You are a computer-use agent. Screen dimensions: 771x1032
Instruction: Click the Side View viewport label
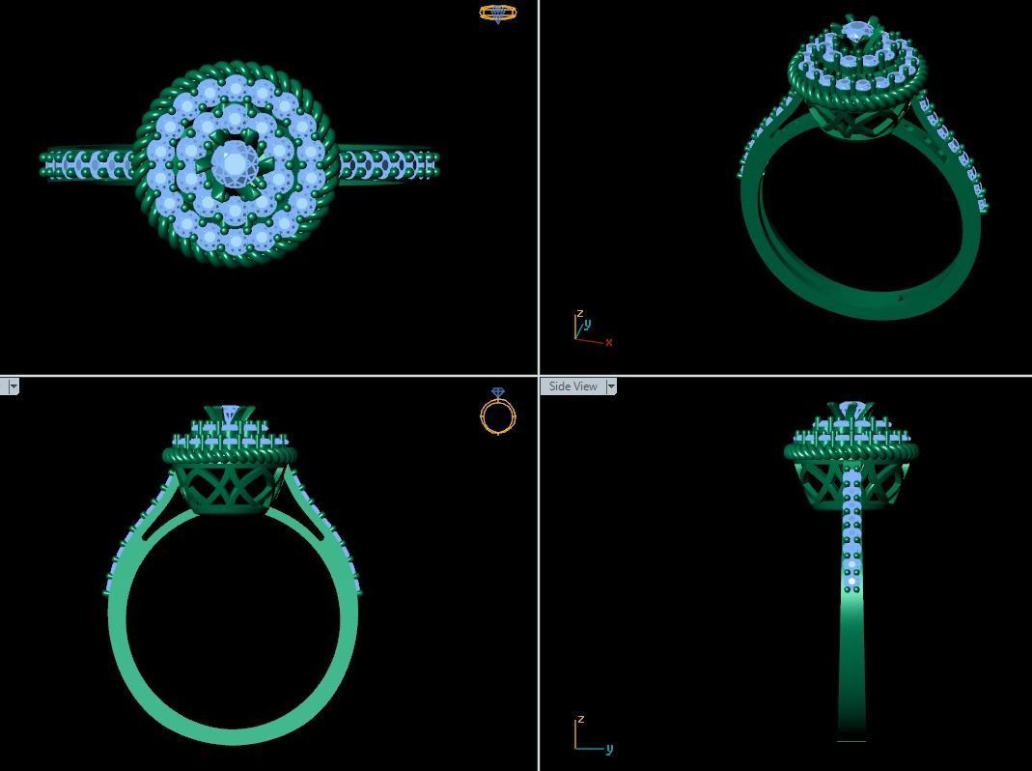pos(572,386)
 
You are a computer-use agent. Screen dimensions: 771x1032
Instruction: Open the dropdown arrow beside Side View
pos(611,386)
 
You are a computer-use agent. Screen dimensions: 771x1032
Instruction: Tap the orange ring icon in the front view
pos(498,413)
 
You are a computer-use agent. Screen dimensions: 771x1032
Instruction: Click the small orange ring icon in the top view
pos(498,13)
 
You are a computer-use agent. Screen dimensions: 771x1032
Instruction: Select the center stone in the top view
pos(235,162)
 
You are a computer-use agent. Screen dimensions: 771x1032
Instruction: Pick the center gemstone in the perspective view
pos(856,33)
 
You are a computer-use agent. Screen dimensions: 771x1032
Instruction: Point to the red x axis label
pos(608,342)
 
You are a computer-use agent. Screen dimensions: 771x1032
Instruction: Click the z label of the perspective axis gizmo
pos(579,314)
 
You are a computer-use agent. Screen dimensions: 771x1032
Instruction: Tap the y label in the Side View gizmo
pos(609,748)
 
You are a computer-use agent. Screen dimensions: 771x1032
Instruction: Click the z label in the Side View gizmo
pos(579,721)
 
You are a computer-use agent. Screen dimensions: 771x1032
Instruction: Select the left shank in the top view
pos(87,162)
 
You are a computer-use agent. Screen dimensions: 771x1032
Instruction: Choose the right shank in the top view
pos(386,162)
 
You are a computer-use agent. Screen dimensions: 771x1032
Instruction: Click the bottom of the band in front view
pos(234,734)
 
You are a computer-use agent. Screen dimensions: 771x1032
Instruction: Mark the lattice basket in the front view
pos(229,489)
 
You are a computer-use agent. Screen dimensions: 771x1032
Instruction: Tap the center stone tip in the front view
pos(229,414)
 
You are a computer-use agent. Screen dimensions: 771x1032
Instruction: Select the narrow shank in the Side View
pos(851,657)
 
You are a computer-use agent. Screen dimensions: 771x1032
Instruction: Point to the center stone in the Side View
pos(851,410)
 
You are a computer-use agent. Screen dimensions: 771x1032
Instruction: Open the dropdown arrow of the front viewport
pos(12,386)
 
